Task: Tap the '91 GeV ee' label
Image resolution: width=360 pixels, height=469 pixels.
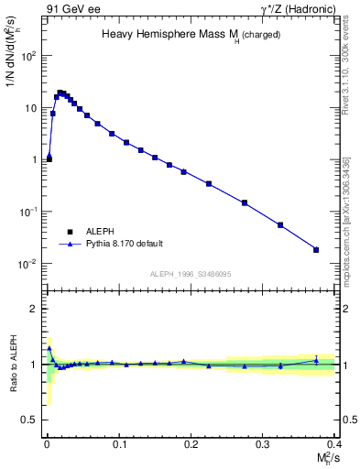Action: click(72, 9)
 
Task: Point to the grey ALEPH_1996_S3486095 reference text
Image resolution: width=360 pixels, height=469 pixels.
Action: click(190, 274)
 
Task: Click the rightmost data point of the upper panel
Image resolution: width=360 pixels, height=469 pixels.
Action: click(316, 249)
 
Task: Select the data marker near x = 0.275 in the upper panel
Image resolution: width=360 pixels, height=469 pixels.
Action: click(245, 202)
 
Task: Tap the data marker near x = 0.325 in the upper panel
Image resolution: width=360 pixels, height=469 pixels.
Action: click(280, 224)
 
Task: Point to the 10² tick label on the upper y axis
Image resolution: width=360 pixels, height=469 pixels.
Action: click(30, 56)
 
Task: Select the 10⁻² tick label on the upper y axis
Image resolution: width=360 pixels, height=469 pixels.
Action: click(29, 264)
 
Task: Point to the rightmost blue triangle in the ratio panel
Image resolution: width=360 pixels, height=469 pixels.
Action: click(316, 360)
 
